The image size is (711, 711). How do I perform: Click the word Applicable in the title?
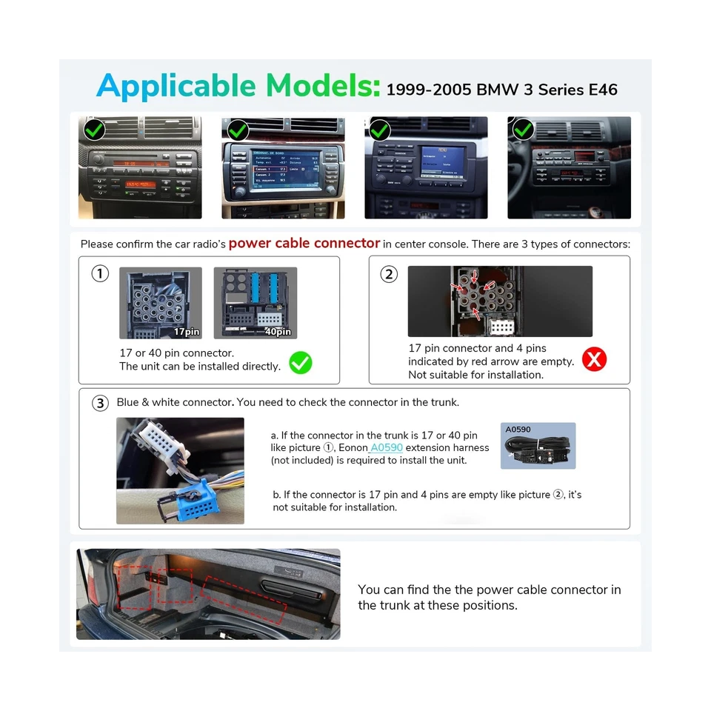176,86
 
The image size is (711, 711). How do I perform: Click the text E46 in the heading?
602,90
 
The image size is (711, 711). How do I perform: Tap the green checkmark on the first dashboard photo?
94,130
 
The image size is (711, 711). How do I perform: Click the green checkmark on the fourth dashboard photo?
524,130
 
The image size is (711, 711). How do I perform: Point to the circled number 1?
100,274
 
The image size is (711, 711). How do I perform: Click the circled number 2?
389,274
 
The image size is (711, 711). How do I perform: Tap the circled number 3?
100,403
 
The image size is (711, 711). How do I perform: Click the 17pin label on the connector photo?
187,332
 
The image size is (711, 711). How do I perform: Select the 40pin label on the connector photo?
278,332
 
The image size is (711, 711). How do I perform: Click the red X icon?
594,360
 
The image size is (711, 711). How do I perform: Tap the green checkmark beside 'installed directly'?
300,362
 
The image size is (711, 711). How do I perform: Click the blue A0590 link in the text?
386,447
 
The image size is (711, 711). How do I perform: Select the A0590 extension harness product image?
538,447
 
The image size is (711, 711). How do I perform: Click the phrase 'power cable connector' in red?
304,244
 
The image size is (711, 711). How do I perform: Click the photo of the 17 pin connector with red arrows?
500,301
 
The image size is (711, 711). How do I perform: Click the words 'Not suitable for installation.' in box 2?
475,375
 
